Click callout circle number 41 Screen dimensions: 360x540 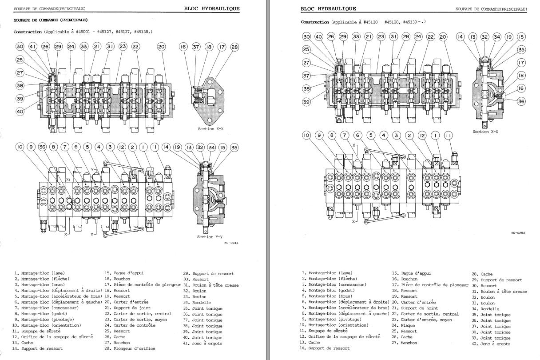click(x=32, y=46)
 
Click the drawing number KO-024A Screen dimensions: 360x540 click(x=232, y=243)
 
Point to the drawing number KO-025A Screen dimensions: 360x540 click(x=518, y=232)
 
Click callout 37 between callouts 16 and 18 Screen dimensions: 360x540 click(x=196, y=47)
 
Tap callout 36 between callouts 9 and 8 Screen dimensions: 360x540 click(x=42, y=147)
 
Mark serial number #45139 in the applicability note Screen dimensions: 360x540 click(x=412, y=22)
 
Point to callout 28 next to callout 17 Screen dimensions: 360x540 click(x=234, y=47)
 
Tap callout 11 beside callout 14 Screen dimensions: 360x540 click(x=155, y=147)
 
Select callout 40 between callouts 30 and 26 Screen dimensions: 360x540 click(x=319, y=37)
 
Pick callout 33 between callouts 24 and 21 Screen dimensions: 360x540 click(x=84, y=46)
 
